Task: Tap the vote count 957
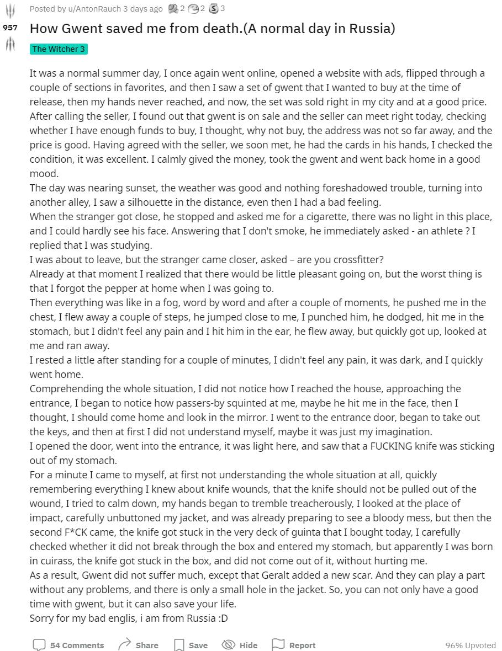[10, 28]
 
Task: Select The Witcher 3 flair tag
[59, 49]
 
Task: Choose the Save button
[191, 645]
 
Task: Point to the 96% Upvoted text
[471, 645]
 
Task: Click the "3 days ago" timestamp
[143, 9]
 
